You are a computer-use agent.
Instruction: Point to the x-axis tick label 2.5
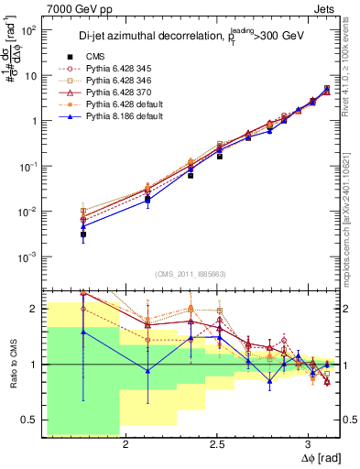coord(217,444)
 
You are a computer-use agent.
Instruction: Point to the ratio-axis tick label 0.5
coord(27,420)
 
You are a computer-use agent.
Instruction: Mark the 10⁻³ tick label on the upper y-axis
coord(28,256)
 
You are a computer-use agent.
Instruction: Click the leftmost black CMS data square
coord(83,234)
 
